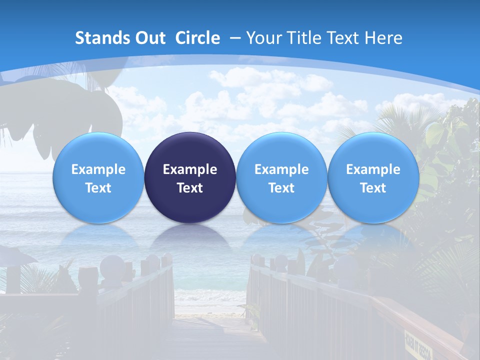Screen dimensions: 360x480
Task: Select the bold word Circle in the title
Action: pos(197,38)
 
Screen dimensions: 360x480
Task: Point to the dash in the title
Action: pos(235,38)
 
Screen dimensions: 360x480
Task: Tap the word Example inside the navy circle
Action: pos(190,169)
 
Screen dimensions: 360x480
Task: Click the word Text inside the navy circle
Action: pos(190,188)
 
